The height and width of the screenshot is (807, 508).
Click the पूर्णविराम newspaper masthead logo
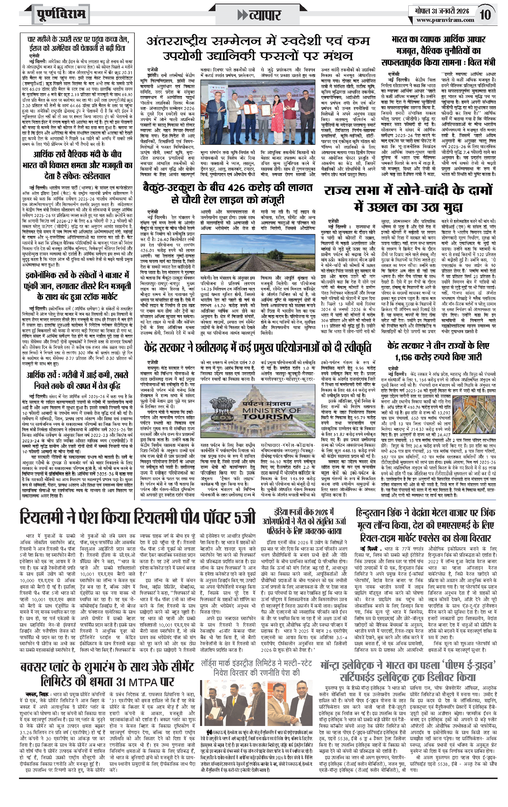61,15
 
